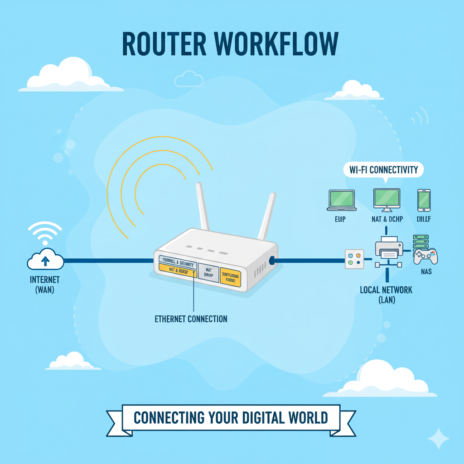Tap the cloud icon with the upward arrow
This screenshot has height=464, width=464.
(45, 259)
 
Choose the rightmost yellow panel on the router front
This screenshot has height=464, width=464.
(230, 277)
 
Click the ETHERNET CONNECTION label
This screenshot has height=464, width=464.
(191, 319)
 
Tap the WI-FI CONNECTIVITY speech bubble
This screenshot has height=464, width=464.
(383, 170)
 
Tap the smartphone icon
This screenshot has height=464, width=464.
(424, 200)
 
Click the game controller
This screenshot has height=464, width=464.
(426, 256)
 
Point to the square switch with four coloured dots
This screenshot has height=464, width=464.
(354, 259)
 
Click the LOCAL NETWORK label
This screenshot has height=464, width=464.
(386, 290)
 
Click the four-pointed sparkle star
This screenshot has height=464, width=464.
(438, 439)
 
